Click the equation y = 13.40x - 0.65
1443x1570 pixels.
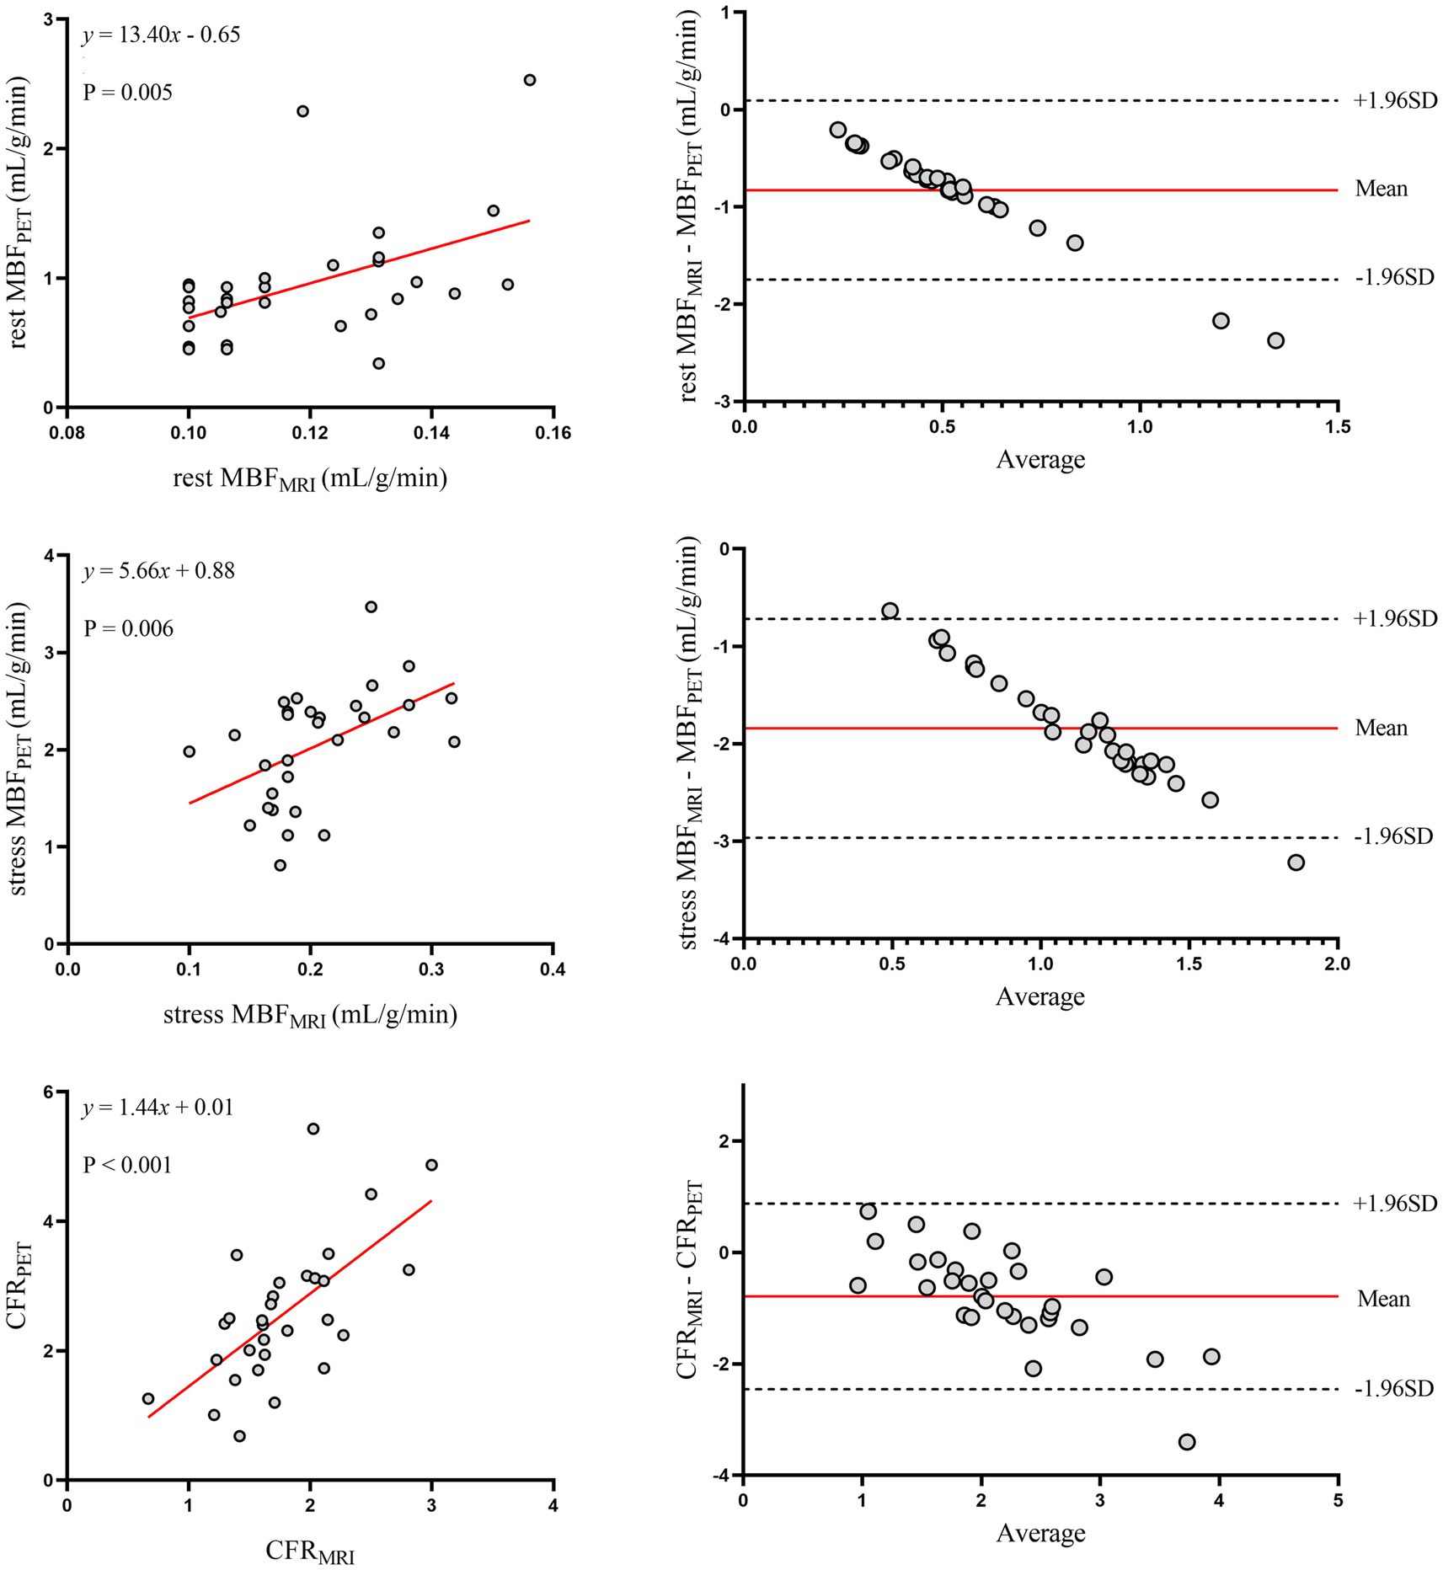[x=161, y=35]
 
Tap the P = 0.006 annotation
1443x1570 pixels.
[x=128, y=628]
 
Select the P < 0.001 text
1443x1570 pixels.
[x=127, y=1165]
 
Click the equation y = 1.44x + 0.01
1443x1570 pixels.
[x=158, y=1107]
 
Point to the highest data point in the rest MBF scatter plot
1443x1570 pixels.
[x=529, y=80]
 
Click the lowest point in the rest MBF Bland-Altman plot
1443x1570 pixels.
[x=1275, y=340]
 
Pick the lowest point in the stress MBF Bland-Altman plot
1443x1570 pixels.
[x=1296, y=862]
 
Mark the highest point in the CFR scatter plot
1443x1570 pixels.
[x=313, y=1129]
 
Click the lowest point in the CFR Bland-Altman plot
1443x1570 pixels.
[x=1187, y=1442]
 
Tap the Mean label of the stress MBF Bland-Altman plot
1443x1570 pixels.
[x=1381, y=728]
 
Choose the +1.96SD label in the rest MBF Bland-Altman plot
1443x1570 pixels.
[x=1394, y=101]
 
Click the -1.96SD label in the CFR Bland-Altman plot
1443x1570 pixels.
[x=1393, y=1389]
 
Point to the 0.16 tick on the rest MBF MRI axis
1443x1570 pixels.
[x=553, y=433]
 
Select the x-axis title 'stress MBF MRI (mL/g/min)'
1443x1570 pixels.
[x=310, y=1015]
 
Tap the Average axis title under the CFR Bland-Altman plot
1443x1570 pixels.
[x=1040, y=1533]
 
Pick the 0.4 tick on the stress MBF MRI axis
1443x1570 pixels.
[x=553, y=969]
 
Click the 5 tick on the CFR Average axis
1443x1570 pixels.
[x=1338, y=1500]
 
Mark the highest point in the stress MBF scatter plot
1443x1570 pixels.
[x=371, y=606]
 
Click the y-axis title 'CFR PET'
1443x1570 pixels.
[x=21, y=1285]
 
